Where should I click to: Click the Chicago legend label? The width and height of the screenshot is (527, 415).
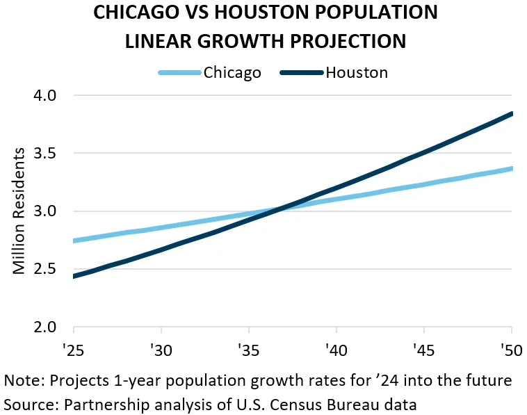(x=232, y=73)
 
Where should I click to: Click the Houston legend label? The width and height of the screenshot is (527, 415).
(x=357, y=73)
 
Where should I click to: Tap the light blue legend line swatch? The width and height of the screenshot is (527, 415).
(x=179, y=73)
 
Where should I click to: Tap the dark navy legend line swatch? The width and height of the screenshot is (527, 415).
(x=302, y=73)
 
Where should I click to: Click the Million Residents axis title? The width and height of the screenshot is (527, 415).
(x=21, y=211)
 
